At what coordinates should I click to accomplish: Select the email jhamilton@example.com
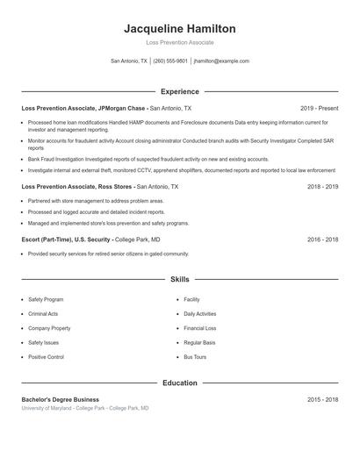221,61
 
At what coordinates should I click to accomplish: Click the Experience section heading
179,91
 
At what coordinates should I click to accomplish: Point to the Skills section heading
179,280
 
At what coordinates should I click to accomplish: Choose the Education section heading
179,383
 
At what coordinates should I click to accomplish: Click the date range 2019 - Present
319,108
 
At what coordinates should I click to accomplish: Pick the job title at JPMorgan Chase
83,108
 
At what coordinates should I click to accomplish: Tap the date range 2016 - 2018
322,239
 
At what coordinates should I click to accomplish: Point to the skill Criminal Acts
43,313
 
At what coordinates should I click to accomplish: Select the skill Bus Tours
196,357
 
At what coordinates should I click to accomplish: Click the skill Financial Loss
200,328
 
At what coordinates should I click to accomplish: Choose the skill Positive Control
46,357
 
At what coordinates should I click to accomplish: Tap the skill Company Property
49,328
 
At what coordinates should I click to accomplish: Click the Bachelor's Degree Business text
61,399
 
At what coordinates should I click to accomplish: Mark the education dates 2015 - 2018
322,399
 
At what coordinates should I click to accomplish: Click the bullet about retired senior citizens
108,254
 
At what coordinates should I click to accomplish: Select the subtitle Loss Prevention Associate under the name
179,42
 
